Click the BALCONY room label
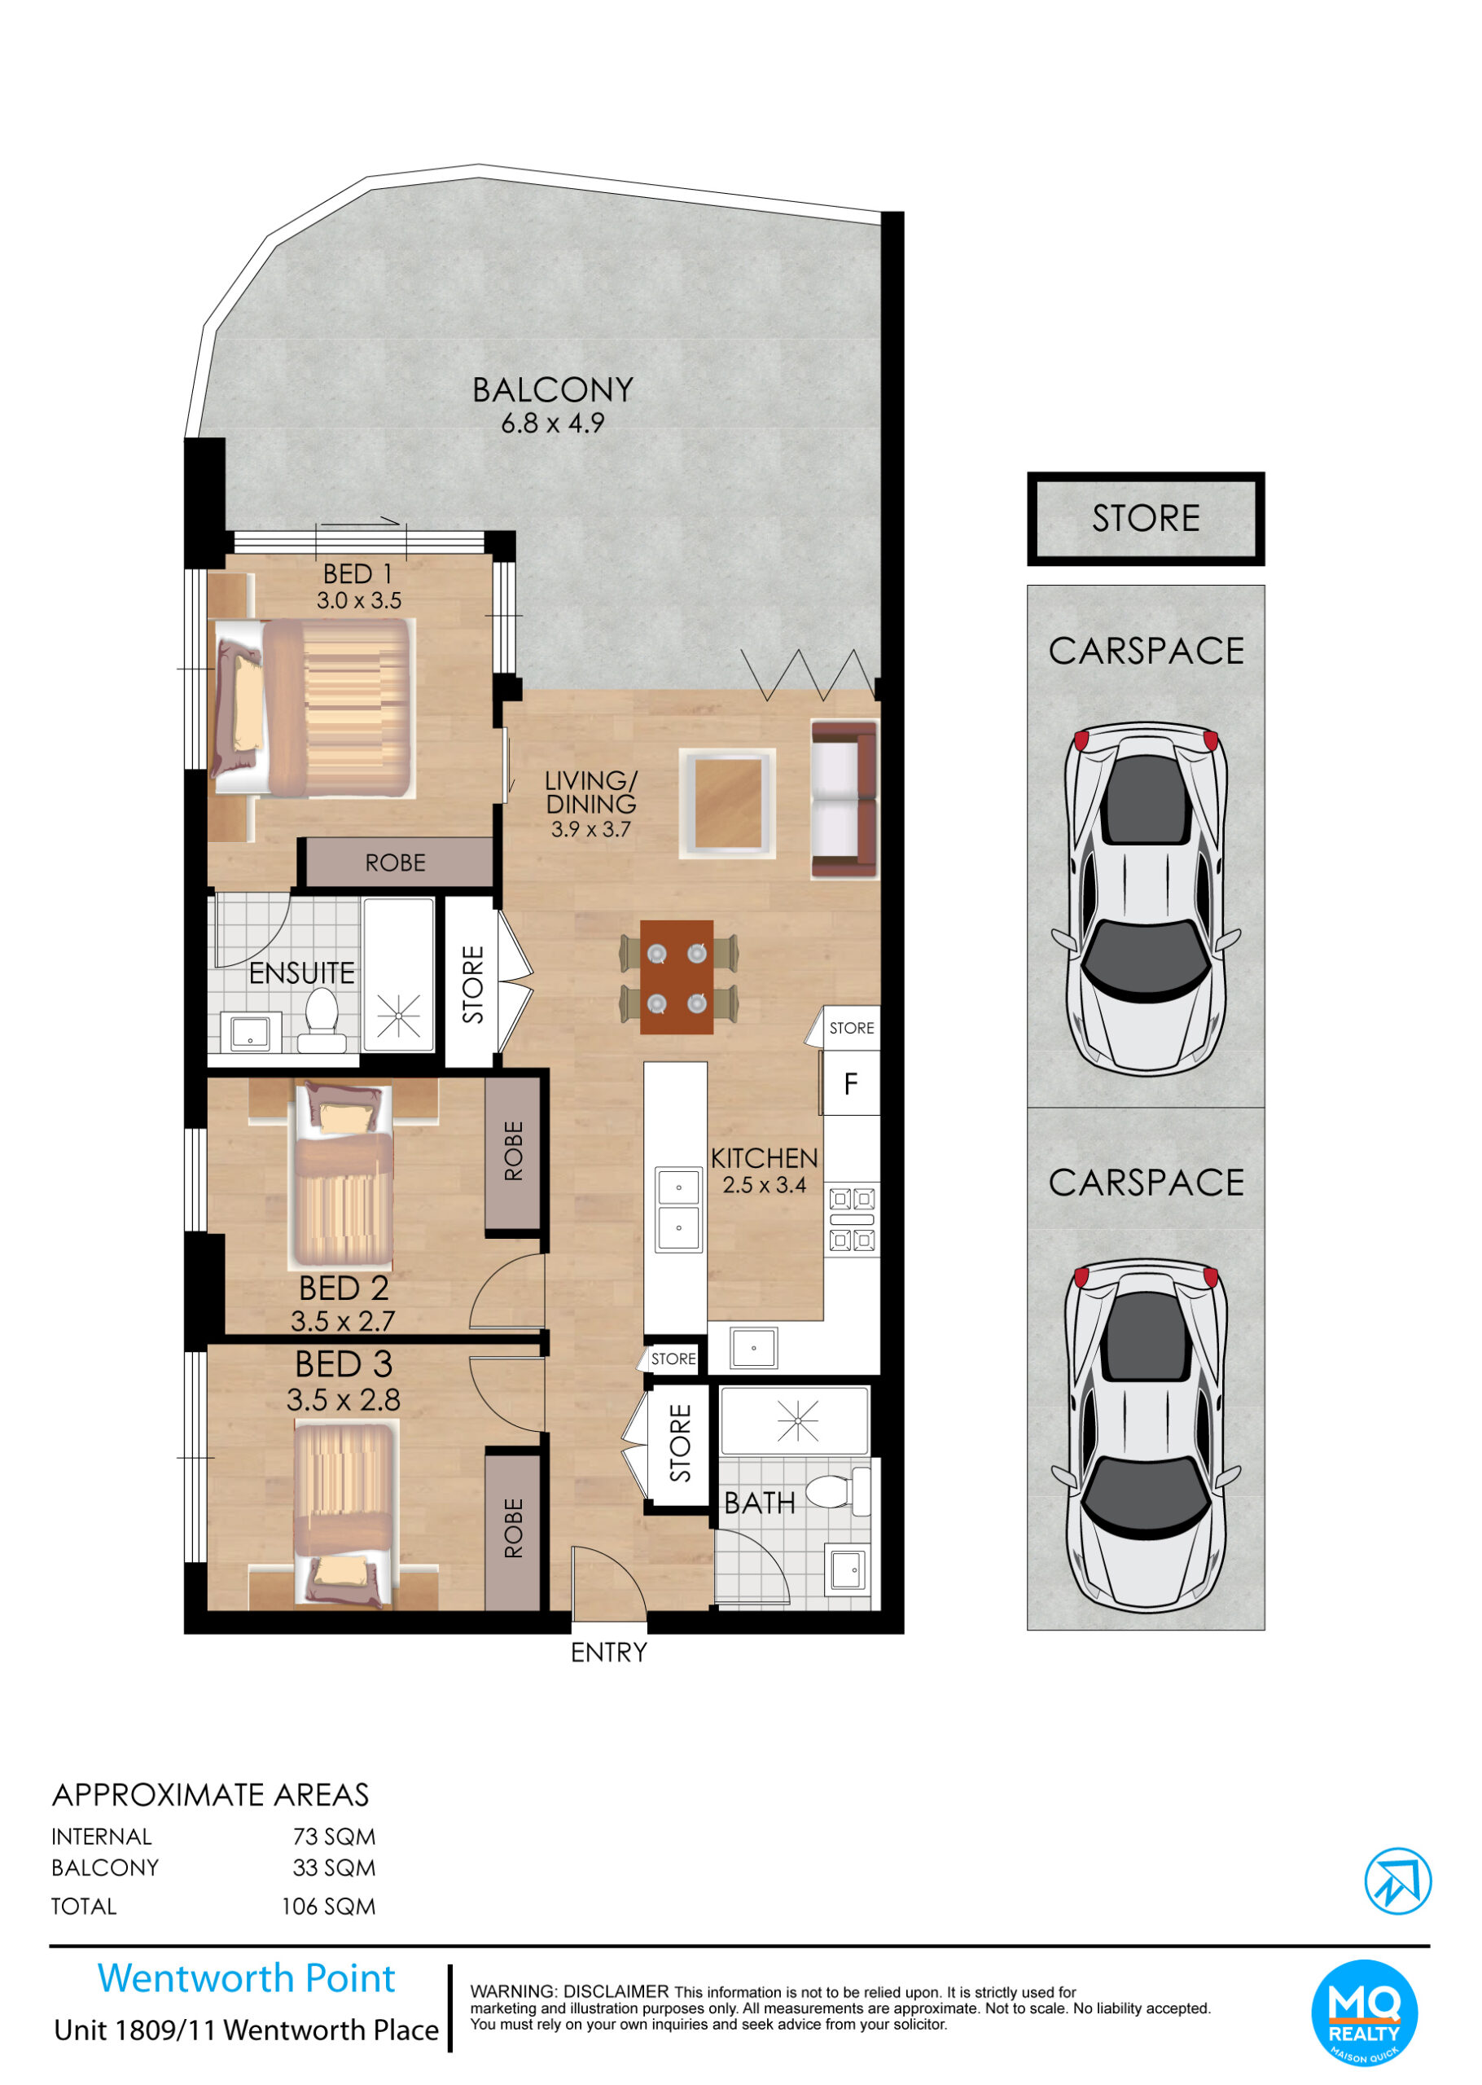click(552, 391)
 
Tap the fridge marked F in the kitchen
click(850, 1083)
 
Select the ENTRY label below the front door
click(609, 1653)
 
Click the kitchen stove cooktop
click(852, 1218)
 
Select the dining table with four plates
click(677, 977)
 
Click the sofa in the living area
click(844, 799)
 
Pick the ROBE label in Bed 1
click(395, 863)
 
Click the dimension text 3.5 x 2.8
click(343, 1400)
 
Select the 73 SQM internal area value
click(334, 1836)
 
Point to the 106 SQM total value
click(328, 1906)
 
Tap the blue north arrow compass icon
click(1397, 1881)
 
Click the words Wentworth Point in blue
click(247, 1978)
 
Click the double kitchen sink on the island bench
click(679, 1209)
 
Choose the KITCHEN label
click(764, 1158)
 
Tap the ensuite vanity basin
click(249, 1032)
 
